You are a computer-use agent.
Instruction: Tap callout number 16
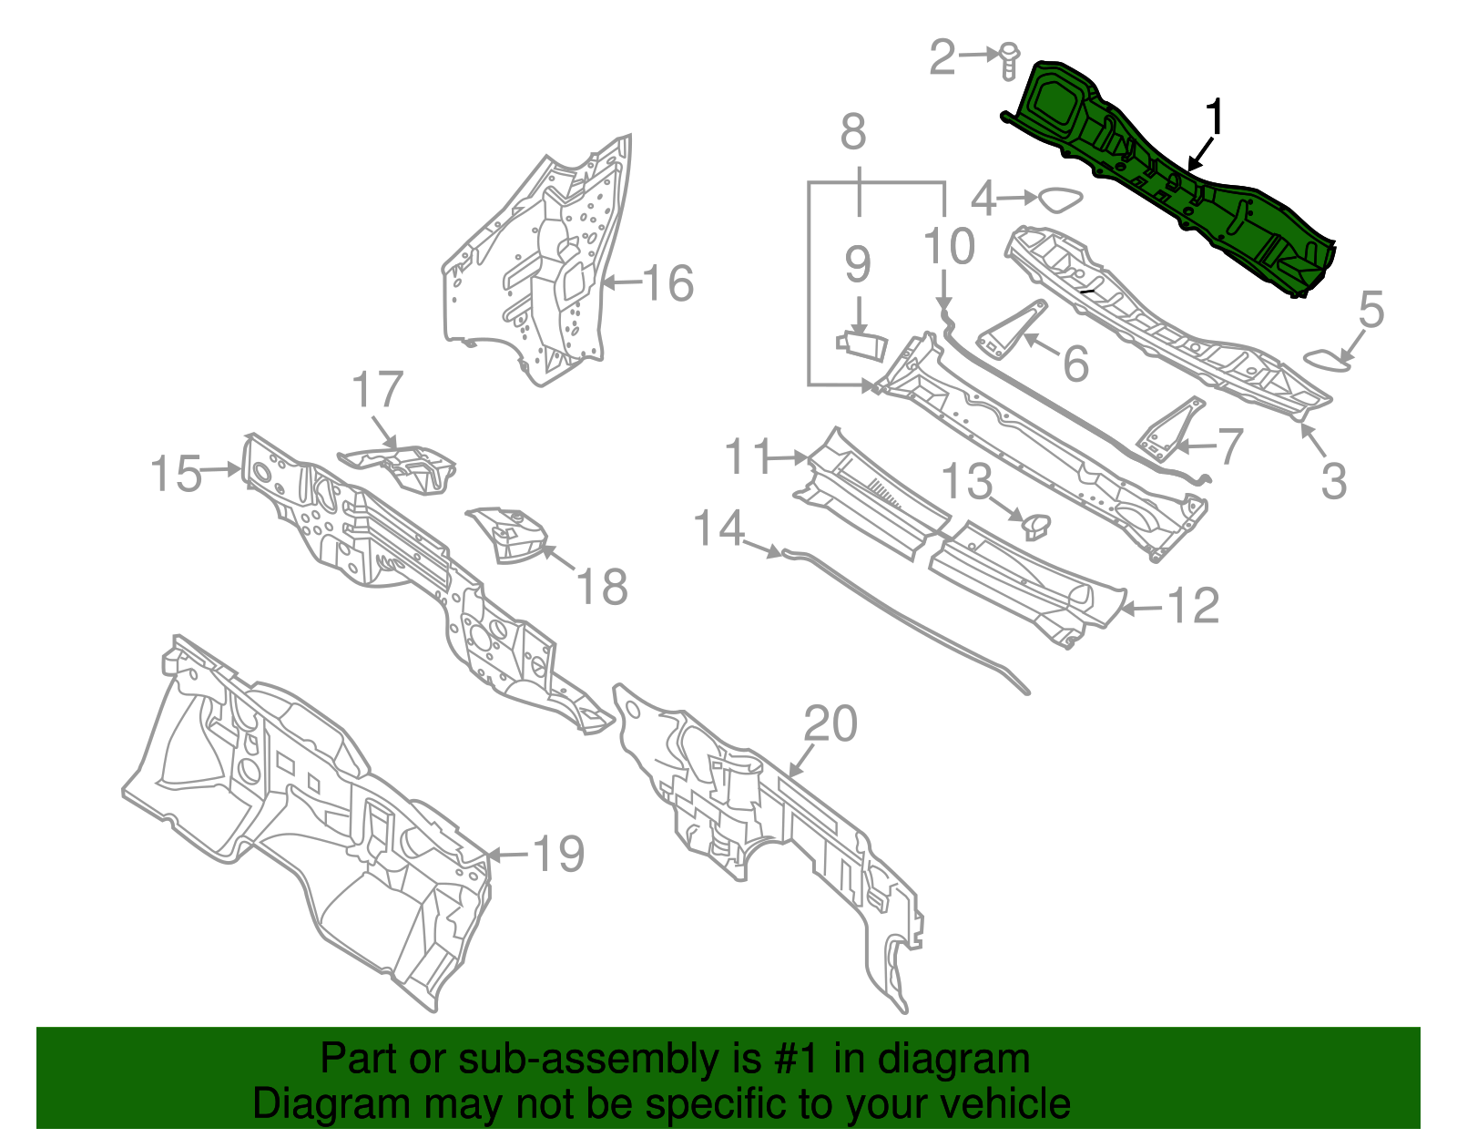(669, 283)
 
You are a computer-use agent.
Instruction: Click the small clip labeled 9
(861, 344)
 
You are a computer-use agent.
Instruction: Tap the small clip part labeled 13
(1036, 524)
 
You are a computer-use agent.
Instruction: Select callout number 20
(830, 724)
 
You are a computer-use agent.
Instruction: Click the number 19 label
(557, 854)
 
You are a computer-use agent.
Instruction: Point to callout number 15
(176, 475)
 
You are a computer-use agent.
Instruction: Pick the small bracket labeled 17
(401, 465)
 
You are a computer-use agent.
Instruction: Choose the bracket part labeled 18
(510, 535)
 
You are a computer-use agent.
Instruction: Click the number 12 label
(1192, 606)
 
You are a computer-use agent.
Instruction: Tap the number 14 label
(719, 528)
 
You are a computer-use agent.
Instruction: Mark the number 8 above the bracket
(852, 133)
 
